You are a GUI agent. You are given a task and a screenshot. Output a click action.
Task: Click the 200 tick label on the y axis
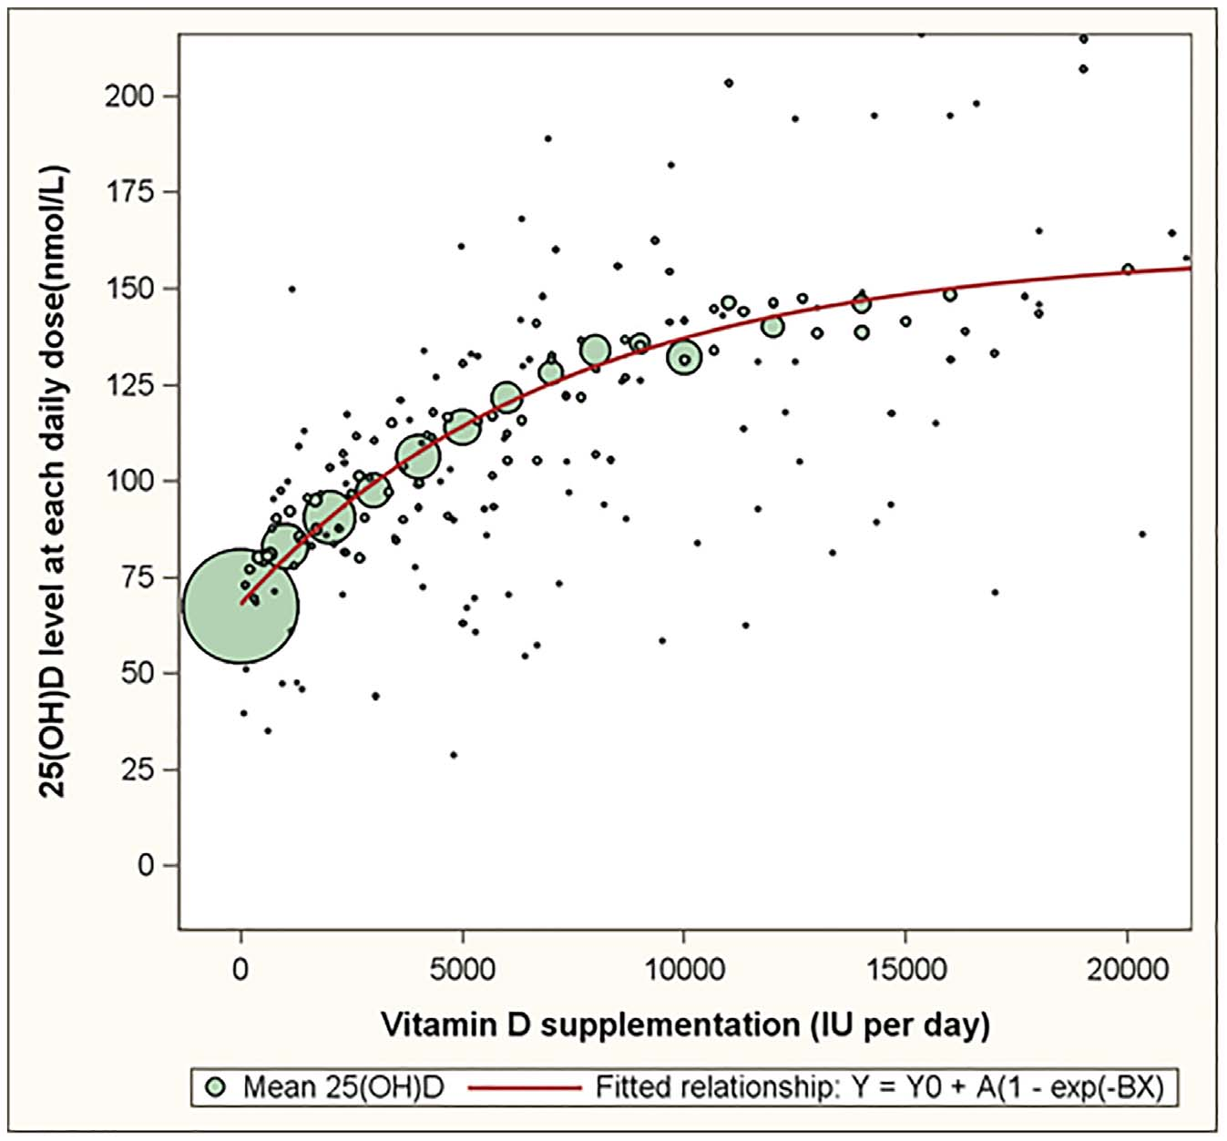128,96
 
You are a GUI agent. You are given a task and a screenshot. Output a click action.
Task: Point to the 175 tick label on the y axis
128,192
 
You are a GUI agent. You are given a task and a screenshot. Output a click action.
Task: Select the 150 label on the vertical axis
128,289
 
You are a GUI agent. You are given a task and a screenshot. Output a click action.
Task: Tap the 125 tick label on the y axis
128,385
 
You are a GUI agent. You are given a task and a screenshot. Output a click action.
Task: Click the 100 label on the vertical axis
128,481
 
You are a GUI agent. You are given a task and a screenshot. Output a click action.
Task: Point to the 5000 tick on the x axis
463,969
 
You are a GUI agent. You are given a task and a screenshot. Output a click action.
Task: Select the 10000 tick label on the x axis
684,969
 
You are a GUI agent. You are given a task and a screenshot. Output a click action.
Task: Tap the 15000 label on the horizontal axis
905,969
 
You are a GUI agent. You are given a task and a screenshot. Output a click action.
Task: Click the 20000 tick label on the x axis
1127,969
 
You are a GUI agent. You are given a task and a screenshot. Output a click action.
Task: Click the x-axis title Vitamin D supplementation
685,1024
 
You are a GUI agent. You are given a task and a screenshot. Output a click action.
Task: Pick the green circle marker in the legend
216,1087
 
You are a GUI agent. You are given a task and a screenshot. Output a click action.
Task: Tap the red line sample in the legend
525,1087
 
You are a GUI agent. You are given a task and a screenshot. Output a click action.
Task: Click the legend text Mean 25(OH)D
343,1087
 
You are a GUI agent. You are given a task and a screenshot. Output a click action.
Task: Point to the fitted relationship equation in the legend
879,1087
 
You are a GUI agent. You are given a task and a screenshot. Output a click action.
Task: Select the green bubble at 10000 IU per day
684,358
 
